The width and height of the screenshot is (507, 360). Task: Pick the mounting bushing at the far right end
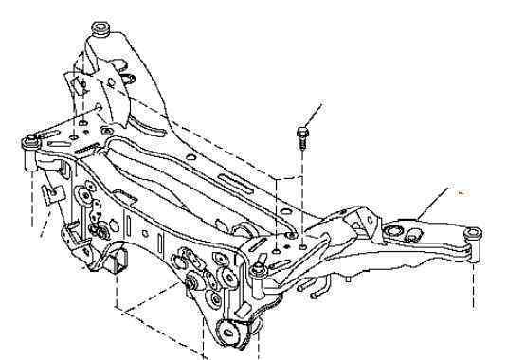tap(471, 234)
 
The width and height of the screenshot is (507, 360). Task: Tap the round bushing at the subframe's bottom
tap(230, 332)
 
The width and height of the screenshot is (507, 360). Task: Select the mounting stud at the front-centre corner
tap(258, 275)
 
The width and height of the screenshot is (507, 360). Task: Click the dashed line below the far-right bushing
tap(471, 279)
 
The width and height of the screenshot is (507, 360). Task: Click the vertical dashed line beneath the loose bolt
tap(301, 189)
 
